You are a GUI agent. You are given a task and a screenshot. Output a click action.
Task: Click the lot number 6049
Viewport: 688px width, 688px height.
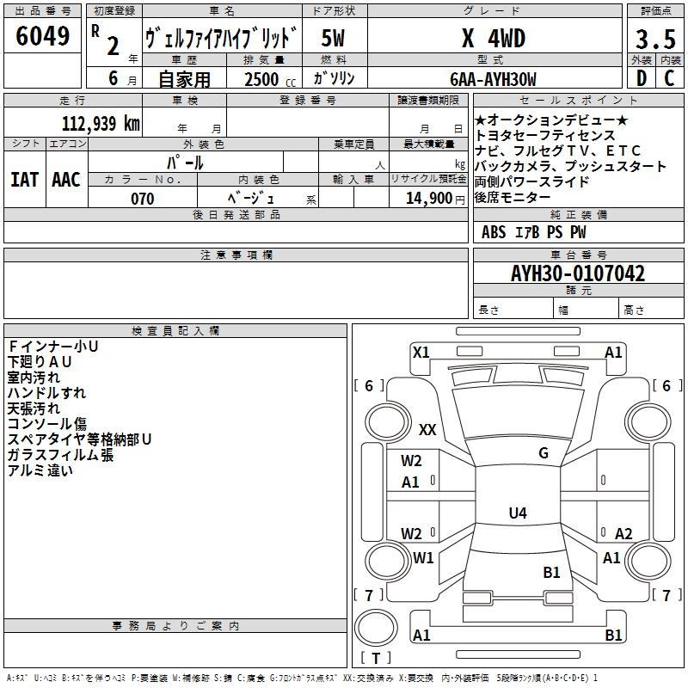tap(42, 37)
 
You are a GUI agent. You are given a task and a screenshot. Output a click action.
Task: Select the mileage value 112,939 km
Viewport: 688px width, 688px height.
tap(101, 123)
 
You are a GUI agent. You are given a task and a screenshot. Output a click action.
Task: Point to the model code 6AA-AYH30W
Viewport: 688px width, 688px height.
tap(493, 79)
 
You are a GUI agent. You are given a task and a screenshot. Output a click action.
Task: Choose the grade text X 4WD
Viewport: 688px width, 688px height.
tap(493, 39)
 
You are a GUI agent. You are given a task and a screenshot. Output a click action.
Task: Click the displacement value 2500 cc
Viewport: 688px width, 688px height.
tap(263, 79)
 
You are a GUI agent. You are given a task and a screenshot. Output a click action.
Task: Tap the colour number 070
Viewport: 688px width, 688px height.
tap(142, 199)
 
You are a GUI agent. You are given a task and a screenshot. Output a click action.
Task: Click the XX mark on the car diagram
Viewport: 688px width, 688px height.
tap(427, 430)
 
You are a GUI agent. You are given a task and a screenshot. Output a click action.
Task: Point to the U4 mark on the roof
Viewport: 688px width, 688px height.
tap(517, 513)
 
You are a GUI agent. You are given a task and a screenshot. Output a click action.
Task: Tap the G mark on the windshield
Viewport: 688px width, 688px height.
tap(544, 453)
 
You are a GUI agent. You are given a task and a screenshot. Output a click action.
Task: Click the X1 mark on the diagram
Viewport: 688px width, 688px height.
tap(421, 352)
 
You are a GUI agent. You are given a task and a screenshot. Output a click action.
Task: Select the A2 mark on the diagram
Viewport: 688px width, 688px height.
tap(623, 534)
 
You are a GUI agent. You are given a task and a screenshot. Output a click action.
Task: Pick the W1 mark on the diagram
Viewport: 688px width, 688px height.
tap(423, 558)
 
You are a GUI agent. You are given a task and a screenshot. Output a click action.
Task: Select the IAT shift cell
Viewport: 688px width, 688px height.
tap(25, 180)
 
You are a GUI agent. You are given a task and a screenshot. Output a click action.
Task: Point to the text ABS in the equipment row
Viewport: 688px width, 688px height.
tap(494, 232)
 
